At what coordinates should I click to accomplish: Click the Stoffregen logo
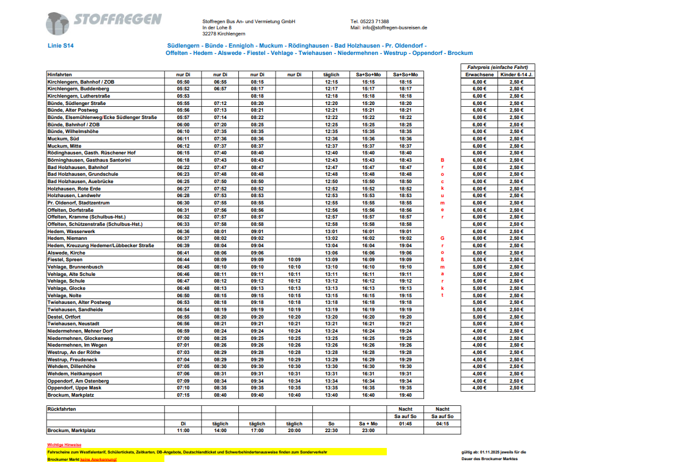pos(103,23)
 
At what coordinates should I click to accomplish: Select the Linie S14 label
pos(60,46)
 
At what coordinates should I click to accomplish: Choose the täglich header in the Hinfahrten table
pos(331,74)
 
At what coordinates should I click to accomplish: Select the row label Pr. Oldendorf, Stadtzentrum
pos(79,203)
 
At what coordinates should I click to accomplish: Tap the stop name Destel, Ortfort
pos(64,317)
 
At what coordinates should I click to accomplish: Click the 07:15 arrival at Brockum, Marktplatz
pos(183,395)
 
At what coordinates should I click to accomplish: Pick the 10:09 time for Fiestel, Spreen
pos(294,259)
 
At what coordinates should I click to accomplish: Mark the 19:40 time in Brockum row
pos(406,395)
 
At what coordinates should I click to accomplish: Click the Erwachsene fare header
pos(479,74)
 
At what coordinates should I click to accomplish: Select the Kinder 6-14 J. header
pos(516,74)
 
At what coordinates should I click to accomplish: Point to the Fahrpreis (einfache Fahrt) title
pos(497,67)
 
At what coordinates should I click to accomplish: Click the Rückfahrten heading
pos(62,409)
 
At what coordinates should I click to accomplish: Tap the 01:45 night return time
pos(406,423)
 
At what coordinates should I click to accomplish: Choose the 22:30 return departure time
pos(331,430)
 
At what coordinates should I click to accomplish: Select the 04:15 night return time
pos(442,423)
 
